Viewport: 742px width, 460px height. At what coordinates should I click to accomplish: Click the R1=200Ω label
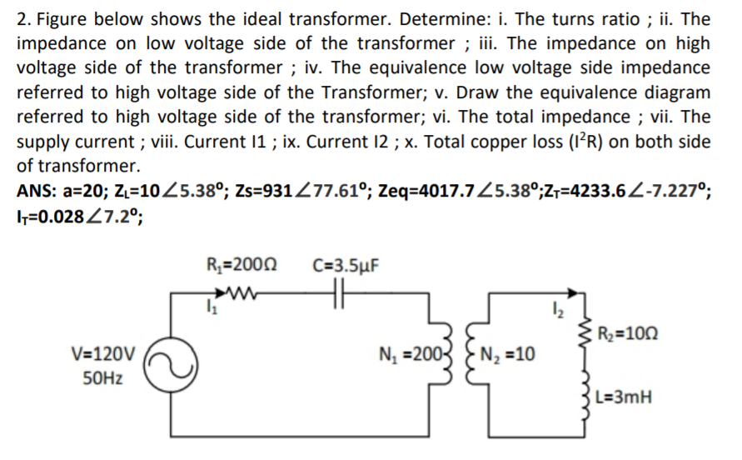pos(241,267)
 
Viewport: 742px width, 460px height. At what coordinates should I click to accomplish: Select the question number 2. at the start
pos(24,19)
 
